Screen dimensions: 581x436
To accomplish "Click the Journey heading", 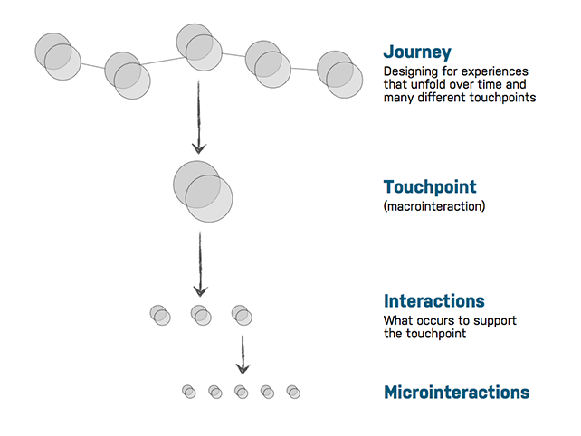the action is pyautogui.click(x=417, y=52).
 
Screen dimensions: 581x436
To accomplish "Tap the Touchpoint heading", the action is pyautogui.click(x=430, y=186).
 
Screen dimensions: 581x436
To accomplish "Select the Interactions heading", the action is pyautogui.click(x=433, y=301).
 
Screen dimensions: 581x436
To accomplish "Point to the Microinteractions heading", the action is pyautogui.click(x=456, y=393).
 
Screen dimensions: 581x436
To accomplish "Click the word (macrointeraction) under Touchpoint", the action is pyautogui.click(x=434, y=206).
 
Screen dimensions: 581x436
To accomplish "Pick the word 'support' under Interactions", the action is pyautogui.click(x=495, y=321).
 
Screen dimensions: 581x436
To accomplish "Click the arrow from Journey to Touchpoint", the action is pyautogui.click(x=199, y=117).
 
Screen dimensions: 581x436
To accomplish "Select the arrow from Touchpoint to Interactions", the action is pyautogui.click(x=201, y=264).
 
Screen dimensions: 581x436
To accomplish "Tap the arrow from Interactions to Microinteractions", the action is pyautogui.click(x=243, y=355).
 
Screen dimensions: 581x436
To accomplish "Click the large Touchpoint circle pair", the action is pyautogui.click(x=203, y=192).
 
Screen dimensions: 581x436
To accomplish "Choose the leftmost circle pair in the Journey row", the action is pyautogui.click(x=58, y=56).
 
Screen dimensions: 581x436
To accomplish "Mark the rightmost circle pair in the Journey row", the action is pyautogui.click(x=339, y=74).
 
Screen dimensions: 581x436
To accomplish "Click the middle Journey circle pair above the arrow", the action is pyautogui.click(x=199, y=47).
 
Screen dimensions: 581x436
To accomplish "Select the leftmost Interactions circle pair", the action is pyautogui.click(x=160, y=315).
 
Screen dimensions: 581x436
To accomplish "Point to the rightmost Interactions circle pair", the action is pyautogui.click(x=242, y=315).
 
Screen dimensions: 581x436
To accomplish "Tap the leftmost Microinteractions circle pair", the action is pyautogui.click(x=189, y=392).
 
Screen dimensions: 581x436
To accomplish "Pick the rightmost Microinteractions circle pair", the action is pyautogui.click(x=293, y=392).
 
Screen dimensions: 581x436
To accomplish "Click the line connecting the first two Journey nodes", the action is pyautogui.click(x=92, y=66).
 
